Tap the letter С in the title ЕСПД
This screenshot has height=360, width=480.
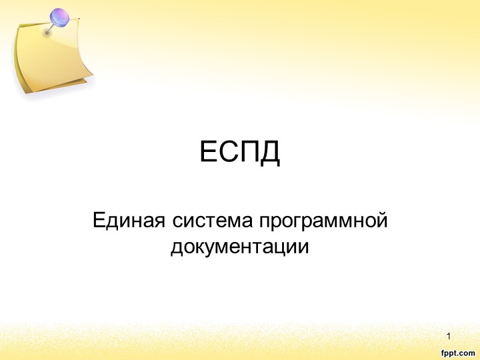227,154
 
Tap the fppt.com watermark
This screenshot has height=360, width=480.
457,350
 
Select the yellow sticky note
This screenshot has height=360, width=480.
50,60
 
